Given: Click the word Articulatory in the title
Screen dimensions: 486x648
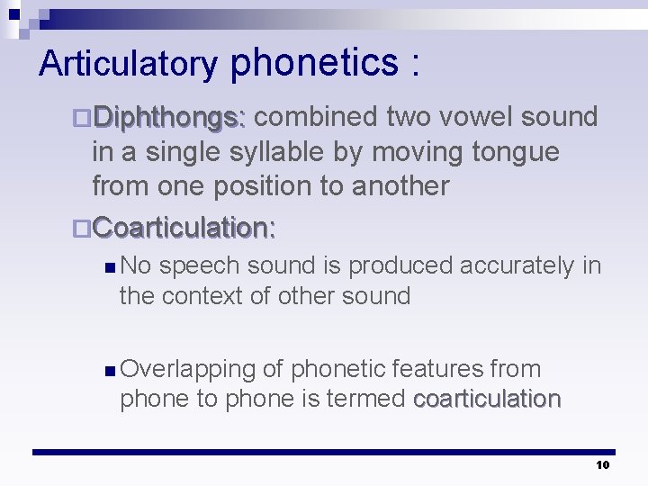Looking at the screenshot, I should (128, 64).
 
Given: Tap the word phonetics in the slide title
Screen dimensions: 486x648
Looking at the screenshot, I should (314, 62).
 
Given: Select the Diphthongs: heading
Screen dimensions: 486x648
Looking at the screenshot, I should (169, 117).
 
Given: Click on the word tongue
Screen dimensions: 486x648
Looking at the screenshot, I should (515, 152).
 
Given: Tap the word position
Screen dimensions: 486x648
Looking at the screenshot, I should (290, 186).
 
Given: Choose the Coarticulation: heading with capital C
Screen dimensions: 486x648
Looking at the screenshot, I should (184, 228).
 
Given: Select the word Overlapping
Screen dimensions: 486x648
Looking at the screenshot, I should (190, 369).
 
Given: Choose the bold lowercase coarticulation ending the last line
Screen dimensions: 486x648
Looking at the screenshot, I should (487, 399).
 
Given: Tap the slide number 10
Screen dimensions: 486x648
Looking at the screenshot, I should (602, 464).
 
